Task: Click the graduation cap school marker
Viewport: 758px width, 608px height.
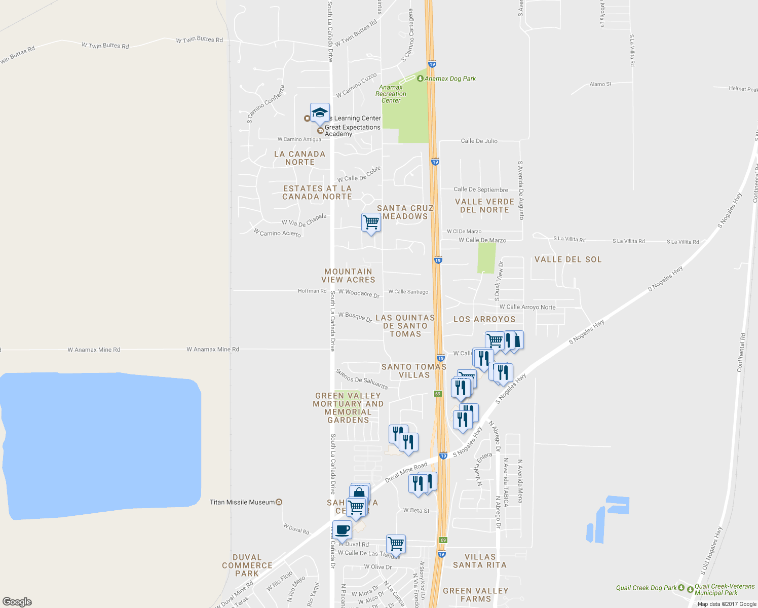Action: click(320, 113)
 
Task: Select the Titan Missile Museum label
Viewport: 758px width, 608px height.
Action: click(242, 502)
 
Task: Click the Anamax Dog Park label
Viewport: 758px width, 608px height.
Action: click(450, 79)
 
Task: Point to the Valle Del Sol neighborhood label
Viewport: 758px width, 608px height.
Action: click(568, 259)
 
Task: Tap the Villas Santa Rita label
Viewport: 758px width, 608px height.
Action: click(479, 561)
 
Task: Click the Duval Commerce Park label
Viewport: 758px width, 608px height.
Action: click(247, 565)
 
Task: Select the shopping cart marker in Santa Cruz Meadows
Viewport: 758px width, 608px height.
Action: click(371, 222)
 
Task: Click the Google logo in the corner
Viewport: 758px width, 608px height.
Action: click(17, 601)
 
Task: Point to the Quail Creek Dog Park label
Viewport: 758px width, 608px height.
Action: click(646, 588)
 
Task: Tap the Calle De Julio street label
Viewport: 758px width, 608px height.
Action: click(479, 141)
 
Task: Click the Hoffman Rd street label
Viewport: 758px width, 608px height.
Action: click(312, 291)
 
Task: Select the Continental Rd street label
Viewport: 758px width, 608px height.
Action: click(740, 353)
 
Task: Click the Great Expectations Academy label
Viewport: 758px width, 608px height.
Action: click(352, 131)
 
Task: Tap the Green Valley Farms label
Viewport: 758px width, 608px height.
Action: click(475, 595)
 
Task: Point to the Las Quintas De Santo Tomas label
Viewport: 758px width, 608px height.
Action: click(405, 326)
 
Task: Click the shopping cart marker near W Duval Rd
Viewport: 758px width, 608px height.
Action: click(396, 544)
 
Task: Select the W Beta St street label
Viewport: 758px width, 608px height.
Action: click(416, 510)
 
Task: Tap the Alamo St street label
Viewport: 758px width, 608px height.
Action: click(600, 84)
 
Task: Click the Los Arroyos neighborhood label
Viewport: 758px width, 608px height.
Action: click(484, 319)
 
